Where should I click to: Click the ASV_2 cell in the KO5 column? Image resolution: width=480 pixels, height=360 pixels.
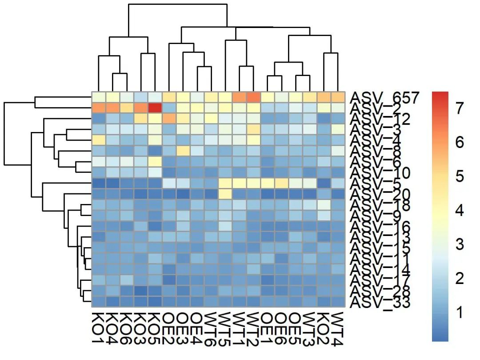tap(155, 108)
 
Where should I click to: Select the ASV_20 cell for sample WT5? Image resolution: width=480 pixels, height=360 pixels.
tap(225, 194)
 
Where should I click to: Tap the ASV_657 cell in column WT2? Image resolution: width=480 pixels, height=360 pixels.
tap(253, 97)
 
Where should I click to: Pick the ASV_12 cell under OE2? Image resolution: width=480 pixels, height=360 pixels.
tap(169, 119)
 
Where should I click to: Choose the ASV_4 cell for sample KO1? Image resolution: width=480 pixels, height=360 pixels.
tap(99, 140)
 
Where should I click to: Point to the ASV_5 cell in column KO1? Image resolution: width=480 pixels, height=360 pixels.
tap(99, 183)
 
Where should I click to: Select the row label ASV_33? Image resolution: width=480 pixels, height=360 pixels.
tap(380, 303)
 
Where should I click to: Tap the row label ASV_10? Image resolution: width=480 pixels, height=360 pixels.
tap(380, 173)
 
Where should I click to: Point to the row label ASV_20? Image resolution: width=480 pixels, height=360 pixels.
tap(380, 195)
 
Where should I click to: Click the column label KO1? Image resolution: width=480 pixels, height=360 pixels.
tap(99, 329)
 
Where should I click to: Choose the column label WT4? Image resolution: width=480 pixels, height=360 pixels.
tap(337, 329)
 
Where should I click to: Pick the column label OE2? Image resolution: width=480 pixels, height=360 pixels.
tap(169, 329)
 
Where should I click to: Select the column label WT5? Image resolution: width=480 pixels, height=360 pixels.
tap(225, 329)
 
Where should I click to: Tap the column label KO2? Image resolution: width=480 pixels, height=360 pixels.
tap(324, 329)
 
